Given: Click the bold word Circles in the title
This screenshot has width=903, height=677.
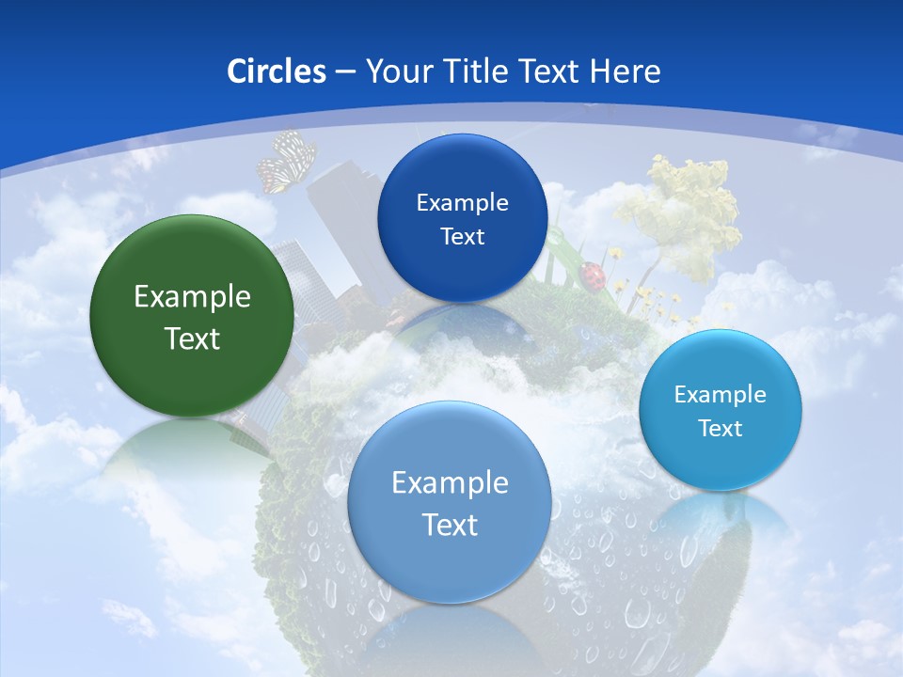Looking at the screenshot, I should [x=277, y=71].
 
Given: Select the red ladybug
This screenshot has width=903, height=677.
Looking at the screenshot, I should [x=593, y=275].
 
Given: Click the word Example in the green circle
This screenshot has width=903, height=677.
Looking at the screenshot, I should [x=192, y=297].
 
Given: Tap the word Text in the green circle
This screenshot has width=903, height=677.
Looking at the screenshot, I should [x=192, y=338].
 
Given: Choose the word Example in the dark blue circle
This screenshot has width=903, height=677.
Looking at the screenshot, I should [x=462, y=203].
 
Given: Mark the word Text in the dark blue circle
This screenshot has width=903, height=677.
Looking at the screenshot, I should [x=462, y=236].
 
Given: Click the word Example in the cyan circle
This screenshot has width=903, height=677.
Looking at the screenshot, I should [x=721, y=395].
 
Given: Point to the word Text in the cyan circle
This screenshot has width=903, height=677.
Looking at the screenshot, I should [x=721, y=429].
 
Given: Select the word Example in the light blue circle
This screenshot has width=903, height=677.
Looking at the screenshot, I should [x=450, y=483].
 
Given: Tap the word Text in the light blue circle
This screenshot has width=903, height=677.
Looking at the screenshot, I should [x=450, y=525].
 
